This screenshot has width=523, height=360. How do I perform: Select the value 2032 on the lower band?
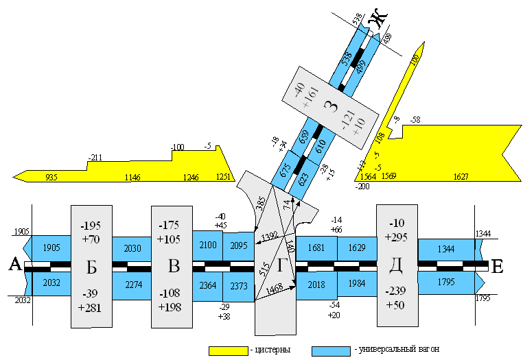pyautogui.click(x=51, y=283)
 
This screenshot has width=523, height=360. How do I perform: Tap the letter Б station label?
pyautogui.click(x=91, y=266)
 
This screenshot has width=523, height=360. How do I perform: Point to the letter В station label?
pyautogui.click(x=172, y=266)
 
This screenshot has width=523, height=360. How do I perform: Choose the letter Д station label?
pyautogui.click(x=397, y=265)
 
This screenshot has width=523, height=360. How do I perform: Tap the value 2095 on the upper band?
pyautogui.click(x=237, y=246)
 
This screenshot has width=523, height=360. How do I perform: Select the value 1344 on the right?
pyautogui.click(x=445, y=248)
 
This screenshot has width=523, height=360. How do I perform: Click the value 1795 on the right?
pyautogui.click(x=445, y=282)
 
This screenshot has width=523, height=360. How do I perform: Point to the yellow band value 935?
pyautogui.click(x=51, y=177)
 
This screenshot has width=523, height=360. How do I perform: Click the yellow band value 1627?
pyautogui.click(x=461, y=176)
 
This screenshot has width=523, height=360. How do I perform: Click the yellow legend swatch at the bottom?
pyautogui.click(x=228, y=351)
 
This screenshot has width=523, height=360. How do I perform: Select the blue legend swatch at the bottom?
pyautogui.click(x=331, y=351)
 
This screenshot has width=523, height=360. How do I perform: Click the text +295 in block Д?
pyautogui.click(x=397, y=237)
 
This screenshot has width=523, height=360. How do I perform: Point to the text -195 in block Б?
pyautogui.click(x=91, y=226)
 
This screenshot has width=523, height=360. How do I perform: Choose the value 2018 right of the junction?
pyautogui.click(x=316, y=285)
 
